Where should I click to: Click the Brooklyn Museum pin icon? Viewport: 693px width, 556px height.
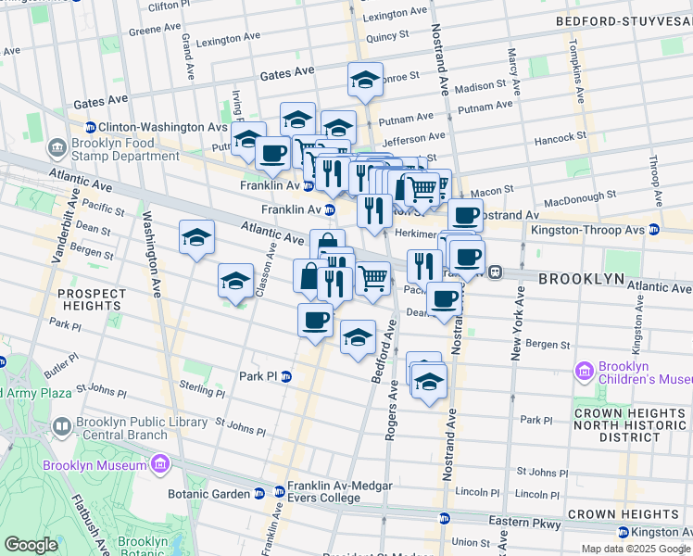click(159, 463)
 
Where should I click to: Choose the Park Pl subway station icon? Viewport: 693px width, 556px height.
click(287, 376)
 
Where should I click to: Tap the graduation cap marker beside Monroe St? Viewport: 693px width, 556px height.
click(366, 79)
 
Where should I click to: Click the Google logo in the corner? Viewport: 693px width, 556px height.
click(31, 545)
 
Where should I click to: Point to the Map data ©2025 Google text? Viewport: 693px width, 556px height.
click(636, 549)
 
